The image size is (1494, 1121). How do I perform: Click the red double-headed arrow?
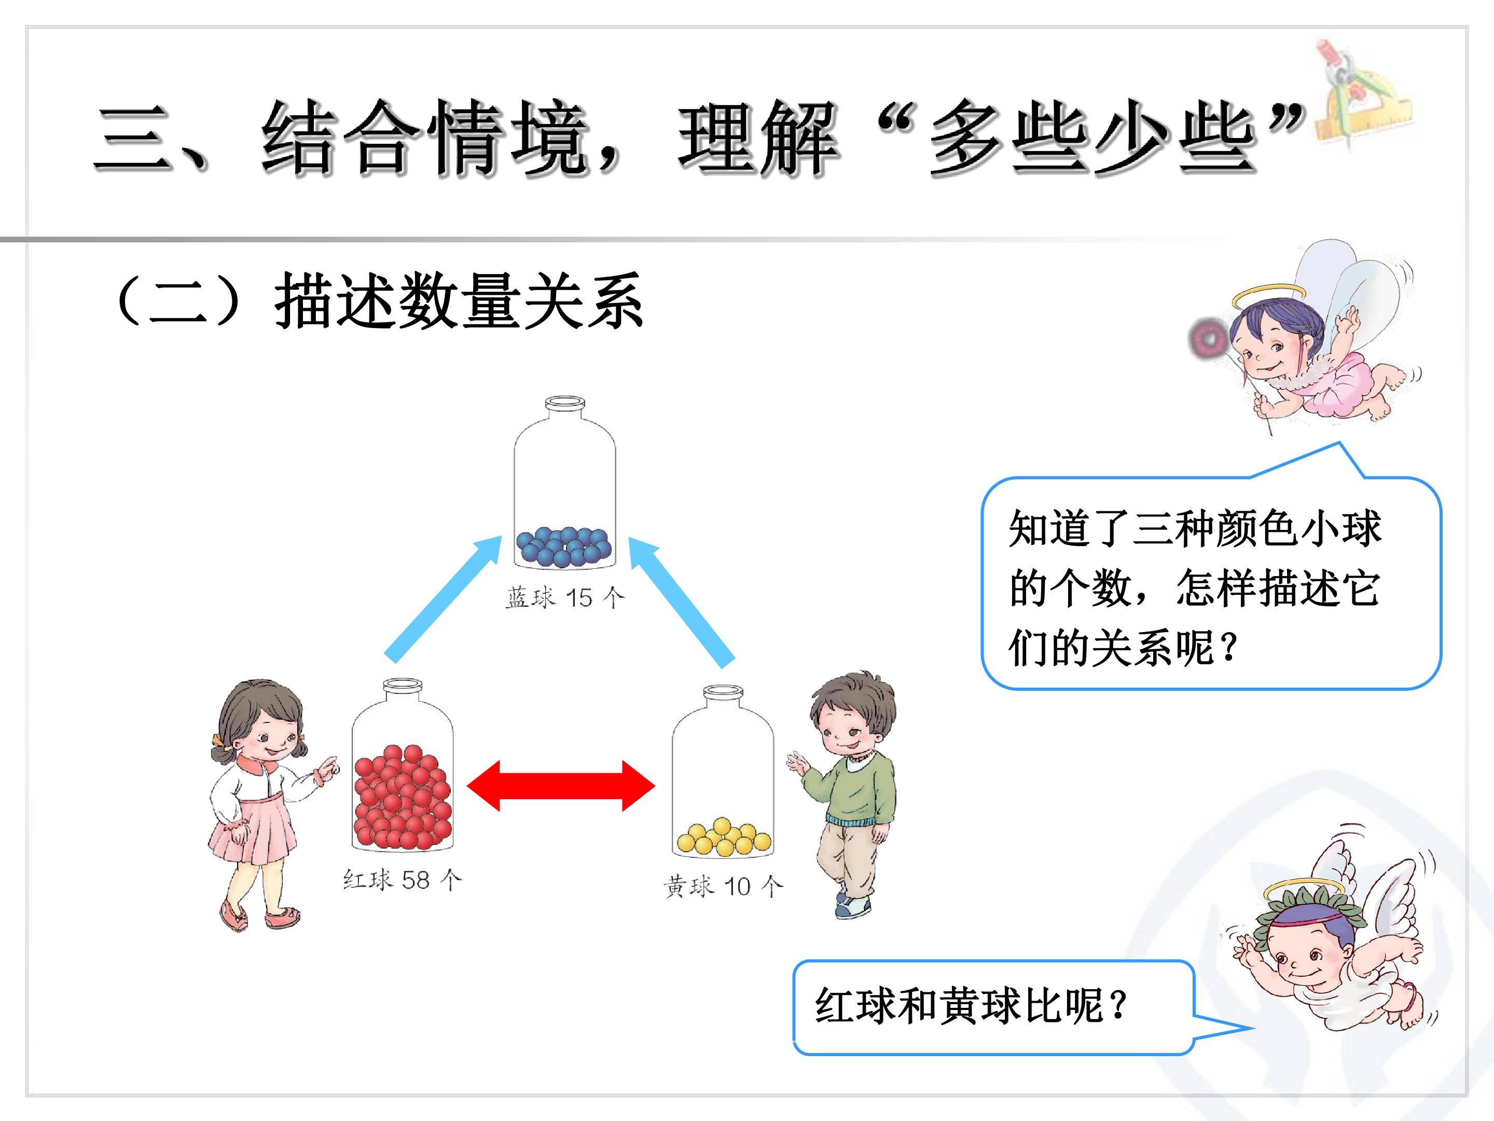[561, 785]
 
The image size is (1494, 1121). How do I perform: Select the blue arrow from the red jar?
[442, 599]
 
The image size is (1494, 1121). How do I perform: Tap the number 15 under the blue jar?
[579, 598]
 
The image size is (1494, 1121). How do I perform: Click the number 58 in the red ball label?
[416, 880]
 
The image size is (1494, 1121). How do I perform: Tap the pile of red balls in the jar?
[403, 797]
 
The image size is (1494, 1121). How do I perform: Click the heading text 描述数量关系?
[459, 302]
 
